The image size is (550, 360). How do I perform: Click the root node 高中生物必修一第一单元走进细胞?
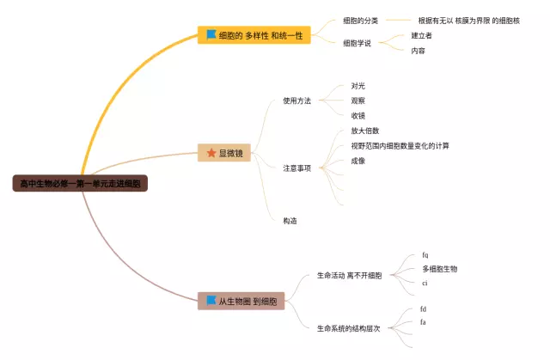(x=81, y=183)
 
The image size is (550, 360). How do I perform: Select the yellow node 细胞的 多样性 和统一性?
(x=255, y=35)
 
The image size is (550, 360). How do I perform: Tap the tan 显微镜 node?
(x=225, y=153)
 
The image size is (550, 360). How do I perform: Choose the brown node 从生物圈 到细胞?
(x=241, y=301)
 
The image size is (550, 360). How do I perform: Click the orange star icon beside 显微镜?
(x=211, y=153)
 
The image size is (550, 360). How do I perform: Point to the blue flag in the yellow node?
(x=211, y=35)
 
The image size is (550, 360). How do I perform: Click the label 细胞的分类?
(x=359, y=20)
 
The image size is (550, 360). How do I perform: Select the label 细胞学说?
(x=357, y=43)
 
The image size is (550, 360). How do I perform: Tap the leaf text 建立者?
(x=422, y=36)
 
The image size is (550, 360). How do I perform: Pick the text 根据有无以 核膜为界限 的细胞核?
(x=468, y=20)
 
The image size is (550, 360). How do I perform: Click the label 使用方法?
(x=296, y=101)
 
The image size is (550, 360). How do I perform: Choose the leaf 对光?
(x=358, y=86)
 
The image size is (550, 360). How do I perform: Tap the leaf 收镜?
(x=358, y=115)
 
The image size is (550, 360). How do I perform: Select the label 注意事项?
(x=296, y=168)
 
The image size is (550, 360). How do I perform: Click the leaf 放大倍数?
(x=365, y=131)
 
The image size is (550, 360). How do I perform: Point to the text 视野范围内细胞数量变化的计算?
(x=400, y=145)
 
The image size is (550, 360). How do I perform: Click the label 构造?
(x=290, y=221)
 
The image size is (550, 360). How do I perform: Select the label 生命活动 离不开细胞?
(x=349, y=276)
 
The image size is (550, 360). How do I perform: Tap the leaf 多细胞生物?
(x=439, y=269)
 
